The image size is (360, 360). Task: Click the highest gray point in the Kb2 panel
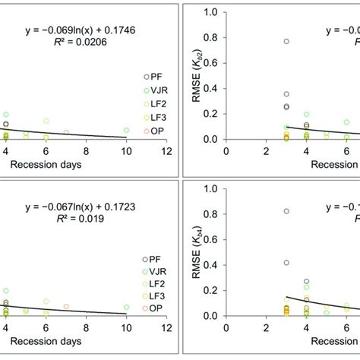tap(286, 42)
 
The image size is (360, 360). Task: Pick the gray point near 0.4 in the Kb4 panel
tap(286, 263)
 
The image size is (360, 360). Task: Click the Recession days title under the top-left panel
tap(67, 163)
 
